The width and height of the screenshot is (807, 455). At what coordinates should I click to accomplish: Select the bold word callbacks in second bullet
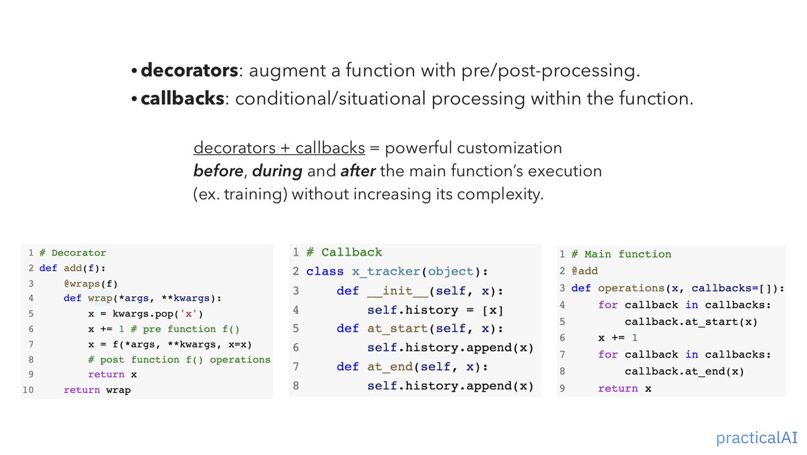pos(182,98)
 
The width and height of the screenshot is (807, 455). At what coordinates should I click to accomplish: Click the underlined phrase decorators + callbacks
pos(279,147)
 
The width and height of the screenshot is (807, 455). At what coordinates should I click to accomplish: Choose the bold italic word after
pos(358,171)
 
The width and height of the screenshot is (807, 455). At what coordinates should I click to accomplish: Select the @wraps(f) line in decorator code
pos(91,283)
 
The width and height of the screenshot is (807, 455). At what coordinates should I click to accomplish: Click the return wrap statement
pos(97,390)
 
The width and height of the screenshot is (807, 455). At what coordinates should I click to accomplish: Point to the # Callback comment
pos(344,252)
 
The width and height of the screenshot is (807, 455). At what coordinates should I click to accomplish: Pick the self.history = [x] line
pos(434,310)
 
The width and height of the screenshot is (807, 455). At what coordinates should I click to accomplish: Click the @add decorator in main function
pos(584,271)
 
